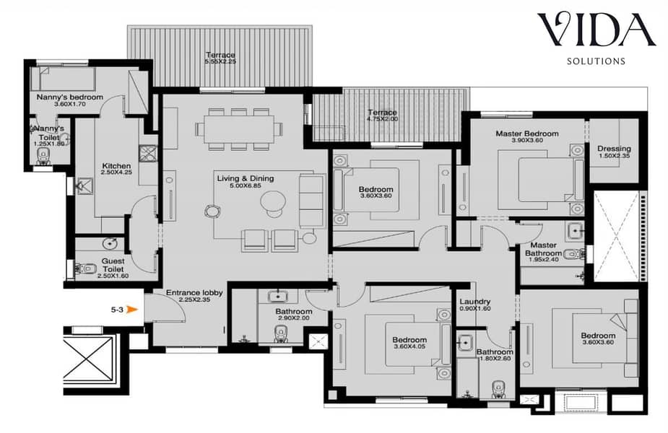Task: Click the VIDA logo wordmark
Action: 597,30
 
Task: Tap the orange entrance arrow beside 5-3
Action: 133,310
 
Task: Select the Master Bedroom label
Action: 527,134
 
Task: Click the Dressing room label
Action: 614,149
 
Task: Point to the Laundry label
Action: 475,302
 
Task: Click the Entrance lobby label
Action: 194,293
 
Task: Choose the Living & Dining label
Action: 246,178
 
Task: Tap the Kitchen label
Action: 116,165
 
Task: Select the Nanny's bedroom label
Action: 70,97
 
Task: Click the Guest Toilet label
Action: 113,265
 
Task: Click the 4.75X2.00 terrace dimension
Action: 382,119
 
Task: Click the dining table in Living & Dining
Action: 238,129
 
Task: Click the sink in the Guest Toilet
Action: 110,244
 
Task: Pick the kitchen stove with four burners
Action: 148,153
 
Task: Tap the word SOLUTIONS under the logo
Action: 596,61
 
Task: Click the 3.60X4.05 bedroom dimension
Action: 409,346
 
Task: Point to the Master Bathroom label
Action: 543,249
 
